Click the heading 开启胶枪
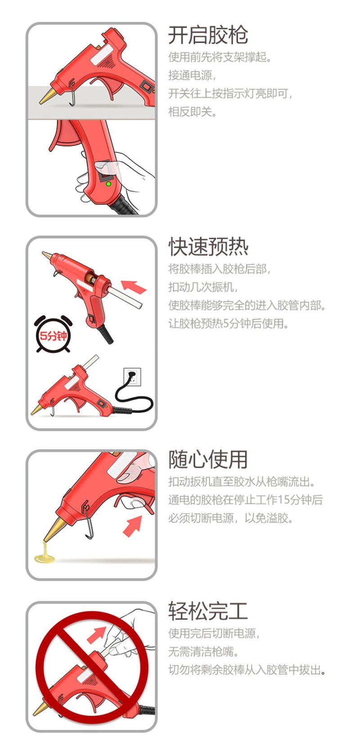[x=208, y=35]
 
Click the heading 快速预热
[x=208, y=247]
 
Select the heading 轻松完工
[x=208, y=611]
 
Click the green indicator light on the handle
[x=108, y=184]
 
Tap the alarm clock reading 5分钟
[x=53, y=334]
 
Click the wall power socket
[x=132, y=377]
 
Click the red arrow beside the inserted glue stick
[x=134, y=287]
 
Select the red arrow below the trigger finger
[x=133, y=526]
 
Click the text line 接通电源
[x=192, y=76]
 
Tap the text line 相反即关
[x=192, y=112]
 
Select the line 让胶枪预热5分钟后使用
[x=228, y=324]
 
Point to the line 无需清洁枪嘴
[x=203, y=651]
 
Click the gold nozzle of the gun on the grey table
[x=47, y=96]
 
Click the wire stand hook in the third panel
[x=88, y=520]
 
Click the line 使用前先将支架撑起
[x=220, y=57]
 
